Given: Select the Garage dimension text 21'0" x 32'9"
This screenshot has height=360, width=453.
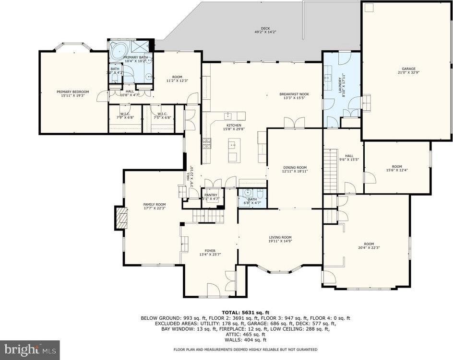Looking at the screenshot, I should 408,73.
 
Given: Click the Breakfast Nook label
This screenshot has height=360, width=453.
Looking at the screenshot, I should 294,94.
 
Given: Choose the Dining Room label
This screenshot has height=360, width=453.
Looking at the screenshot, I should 294,167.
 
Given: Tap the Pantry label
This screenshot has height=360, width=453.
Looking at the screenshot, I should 211,195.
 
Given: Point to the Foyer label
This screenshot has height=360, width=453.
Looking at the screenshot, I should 210,250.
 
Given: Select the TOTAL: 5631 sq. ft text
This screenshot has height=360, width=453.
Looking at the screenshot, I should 245,312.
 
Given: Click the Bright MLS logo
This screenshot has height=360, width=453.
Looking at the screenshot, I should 30,349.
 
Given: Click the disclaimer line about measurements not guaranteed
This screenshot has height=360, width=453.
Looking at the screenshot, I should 245,349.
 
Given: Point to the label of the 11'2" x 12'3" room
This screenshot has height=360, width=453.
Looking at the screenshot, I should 178,77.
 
